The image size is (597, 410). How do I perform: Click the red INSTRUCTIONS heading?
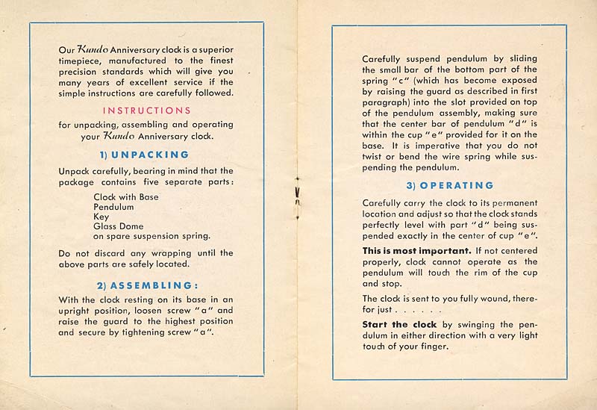(146, 111)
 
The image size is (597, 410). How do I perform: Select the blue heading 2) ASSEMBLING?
(146, 285)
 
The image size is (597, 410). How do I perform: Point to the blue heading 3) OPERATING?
(450, 185)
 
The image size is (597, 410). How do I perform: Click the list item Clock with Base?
(125, 197)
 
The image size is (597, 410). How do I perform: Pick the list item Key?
(101, 217)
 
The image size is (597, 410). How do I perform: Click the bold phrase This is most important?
(416, 249)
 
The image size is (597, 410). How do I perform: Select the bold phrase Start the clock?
(396, 324)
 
